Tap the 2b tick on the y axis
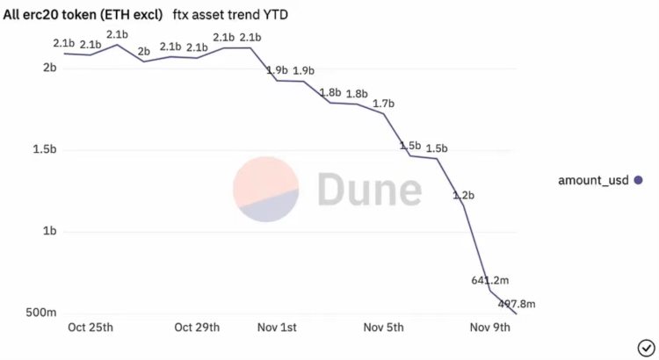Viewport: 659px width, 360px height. click(49, 68)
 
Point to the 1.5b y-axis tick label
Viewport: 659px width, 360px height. click(44, 150)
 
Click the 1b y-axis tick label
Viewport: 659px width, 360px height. click(49, 232)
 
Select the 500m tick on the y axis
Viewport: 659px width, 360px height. click(41, 313)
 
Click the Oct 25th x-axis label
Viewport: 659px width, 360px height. click(91, 328)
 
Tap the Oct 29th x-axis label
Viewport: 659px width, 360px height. click(198, 328)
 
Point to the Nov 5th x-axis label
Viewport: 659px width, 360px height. click(383, 328)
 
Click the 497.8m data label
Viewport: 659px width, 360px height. click(518, 304)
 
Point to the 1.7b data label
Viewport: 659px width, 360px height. click(383, 104)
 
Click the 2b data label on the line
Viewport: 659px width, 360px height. click(144, 52)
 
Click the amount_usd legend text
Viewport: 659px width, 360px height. click(594, 180)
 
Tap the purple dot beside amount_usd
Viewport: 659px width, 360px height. click(638, 180)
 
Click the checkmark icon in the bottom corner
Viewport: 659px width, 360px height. click(644, 345)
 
